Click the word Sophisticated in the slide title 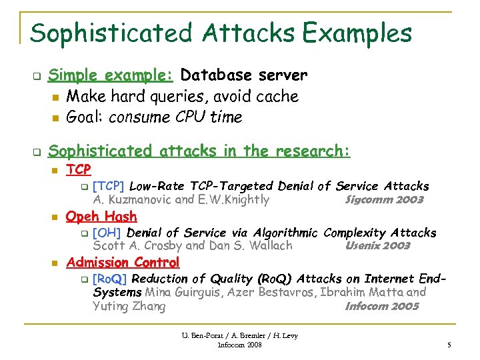click(x=109, y=33)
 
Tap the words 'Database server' click(x=244, y=75)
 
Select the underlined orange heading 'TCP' click(x=79, y=170)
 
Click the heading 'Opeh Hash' click(x=101, y=216)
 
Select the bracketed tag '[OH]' click(x=107, y=233)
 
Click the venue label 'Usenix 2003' click(x=377, y=245)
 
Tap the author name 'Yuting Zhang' click(x=129, y=307)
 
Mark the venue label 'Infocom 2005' click(x=381, y=307)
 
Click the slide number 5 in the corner click(x=449, y=345)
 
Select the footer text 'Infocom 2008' click(x=240, y=345)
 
